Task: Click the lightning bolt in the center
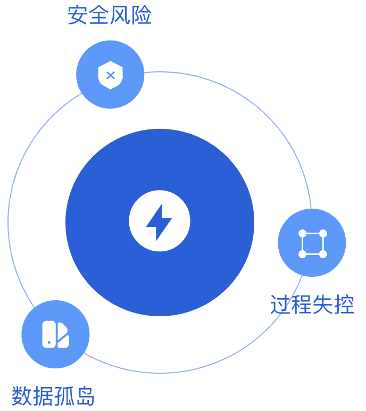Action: [x=159, y=221]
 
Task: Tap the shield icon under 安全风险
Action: [x=110, y=75]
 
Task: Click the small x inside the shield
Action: [x=111, y=75]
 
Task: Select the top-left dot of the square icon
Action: [x=302, y=233]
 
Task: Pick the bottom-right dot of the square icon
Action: [x=323, y=254]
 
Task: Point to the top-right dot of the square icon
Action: [x=323, y=233]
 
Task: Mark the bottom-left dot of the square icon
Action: [x=302, y=254]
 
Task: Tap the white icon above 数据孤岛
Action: [x=55, y=334]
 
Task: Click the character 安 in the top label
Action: [x=78, y=15]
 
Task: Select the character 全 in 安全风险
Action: [x=99, y=15]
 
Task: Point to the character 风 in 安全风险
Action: [x=121, y=15]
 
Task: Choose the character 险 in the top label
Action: [x=142, y=15]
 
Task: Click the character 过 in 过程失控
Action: [x=281, y=305]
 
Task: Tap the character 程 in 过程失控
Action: [x=302, y=305]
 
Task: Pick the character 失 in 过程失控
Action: [x=323, y=305]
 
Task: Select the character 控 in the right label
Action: [x=344, y=305]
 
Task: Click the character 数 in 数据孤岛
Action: [x=22, y=396]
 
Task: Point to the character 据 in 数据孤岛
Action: [x=44, y=396]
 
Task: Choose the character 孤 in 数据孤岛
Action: [x=64, y=396]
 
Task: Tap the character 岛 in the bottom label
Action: [x=86, y=396]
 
